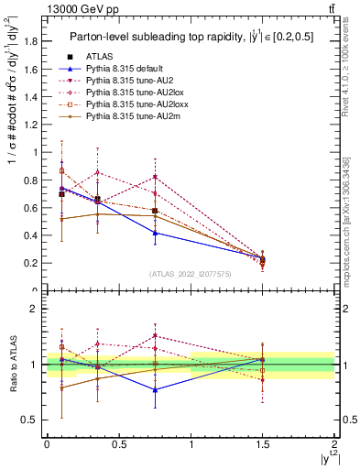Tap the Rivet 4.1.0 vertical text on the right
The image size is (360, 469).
[352, 82]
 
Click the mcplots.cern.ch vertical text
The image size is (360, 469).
[352, 220]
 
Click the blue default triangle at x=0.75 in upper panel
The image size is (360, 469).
[155, 233]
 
